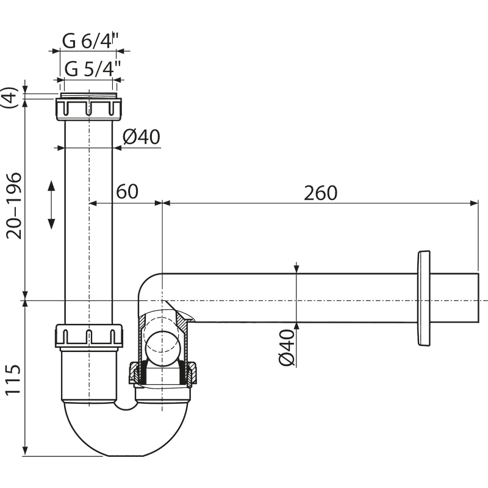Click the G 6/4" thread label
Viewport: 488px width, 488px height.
pos(90,41)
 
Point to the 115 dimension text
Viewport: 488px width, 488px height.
pos(13,380)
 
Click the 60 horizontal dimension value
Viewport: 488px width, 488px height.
pos(127,192)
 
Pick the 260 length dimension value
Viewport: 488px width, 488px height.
pos(320,193)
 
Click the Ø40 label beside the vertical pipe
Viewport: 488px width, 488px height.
pos(141,137)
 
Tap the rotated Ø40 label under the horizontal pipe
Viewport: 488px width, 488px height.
pos(287,346)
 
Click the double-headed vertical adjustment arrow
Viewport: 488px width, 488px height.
pos(51,204)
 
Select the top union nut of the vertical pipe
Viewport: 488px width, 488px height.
pos(88,108)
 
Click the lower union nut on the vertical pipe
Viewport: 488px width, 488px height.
pos(90,336)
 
